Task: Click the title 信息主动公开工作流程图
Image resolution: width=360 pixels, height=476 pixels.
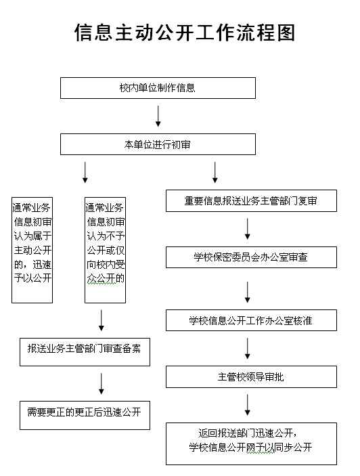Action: pyautogui.click(x=185, y=33)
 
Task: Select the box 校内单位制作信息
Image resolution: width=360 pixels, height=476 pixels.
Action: pyautogui.click(x=158, y=88)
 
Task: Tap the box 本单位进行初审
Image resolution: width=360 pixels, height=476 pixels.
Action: pyautogui.click(x=158, y=144)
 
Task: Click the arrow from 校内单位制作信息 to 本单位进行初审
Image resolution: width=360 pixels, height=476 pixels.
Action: pyautogui.click(x=158, y=116)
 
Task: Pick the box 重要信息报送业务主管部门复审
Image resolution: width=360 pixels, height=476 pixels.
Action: pyautogui.click(x=251, y=200)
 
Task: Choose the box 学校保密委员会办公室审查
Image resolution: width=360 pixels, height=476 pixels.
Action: pyautogui.click(x=251, y=257)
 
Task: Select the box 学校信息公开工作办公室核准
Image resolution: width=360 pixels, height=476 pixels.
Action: pyautogui.click(x=251, y=320)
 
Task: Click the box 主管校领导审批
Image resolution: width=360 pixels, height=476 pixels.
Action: pyautogui.click(x=251, y=376)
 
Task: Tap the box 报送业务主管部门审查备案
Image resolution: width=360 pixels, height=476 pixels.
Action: pyautogui.click(x=85, y=352)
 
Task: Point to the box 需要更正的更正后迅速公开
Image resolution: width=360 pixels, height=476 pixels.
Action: pyautogui.click(x=85, y=415)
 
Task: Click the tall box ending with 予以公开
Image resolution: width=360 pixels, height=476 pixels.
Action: pyautogui.click(x=32, y=250)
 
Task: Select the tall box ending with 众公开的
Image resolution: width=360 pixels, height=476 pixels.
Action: pyautogui.click(x=106, y=250)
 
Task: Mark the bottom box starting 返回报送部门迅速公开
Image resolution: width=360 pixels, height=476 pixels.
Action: pyautogui.click(x=251, y=443)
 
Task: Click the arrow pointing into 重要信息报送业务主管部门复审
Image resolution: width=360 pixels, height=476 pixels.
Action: pyautogui.click(x=215, y=173)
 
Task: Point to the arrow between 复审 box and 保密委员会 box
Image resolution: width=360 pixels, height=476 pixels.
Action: pyautogui.click(x=248, y=229)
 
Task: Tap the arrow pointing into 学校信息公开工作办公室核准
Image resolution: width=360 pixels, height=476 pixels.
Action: pyautogui.click(x=248, y=292)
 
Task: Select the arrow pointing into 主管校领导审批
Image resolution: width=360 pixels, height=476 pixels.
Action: pyautogui.click(x=248, y=348)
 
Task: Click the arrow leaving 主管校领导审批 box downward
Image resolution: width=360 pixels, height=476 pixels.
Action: pyautogui.click(x=248, y=405)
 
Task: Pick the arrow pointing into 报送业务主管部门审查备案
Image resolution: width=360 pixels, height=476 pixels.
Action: pyautogui.click(x=102, y=320)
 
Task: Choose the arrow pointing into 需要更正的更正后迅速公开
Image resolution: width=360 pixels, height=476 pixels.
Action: pyautogui.click(x=102, y=384)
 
